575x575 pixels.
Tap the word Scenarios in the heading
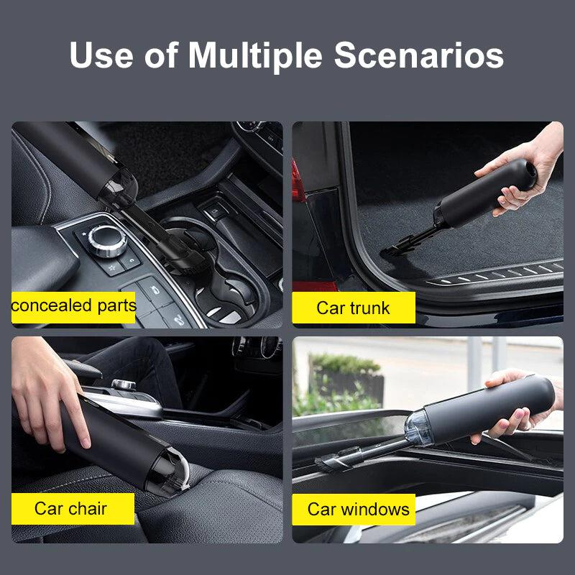(419, 56)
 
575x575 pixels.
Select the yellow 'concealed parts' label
(73, 306)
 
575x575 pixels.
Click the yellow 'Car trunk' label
(353, 308)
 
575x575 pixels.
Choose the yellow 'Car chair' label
(71, 509)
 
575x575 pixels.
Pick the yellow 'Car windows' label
(358, 510)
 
